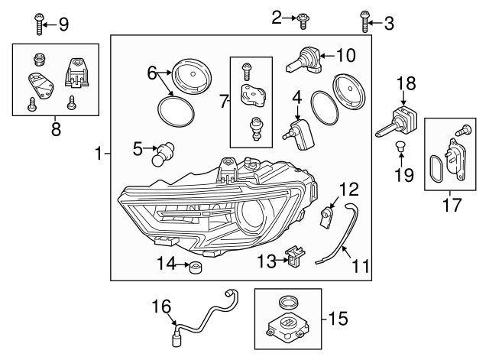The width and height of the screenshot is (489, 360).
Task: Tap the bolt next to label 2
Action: (x=304, y=17)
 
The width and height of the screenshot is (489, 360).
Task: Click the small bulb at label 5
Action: (x=163, y=155)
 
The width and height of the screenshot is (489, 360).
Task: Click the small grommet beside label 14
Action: (x=195, y=268)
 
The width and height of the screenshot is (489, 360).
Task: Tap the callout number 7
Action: (x=222, y=100)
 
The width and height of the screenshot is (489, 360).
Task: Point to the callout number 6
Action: (x=152, y=73)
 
